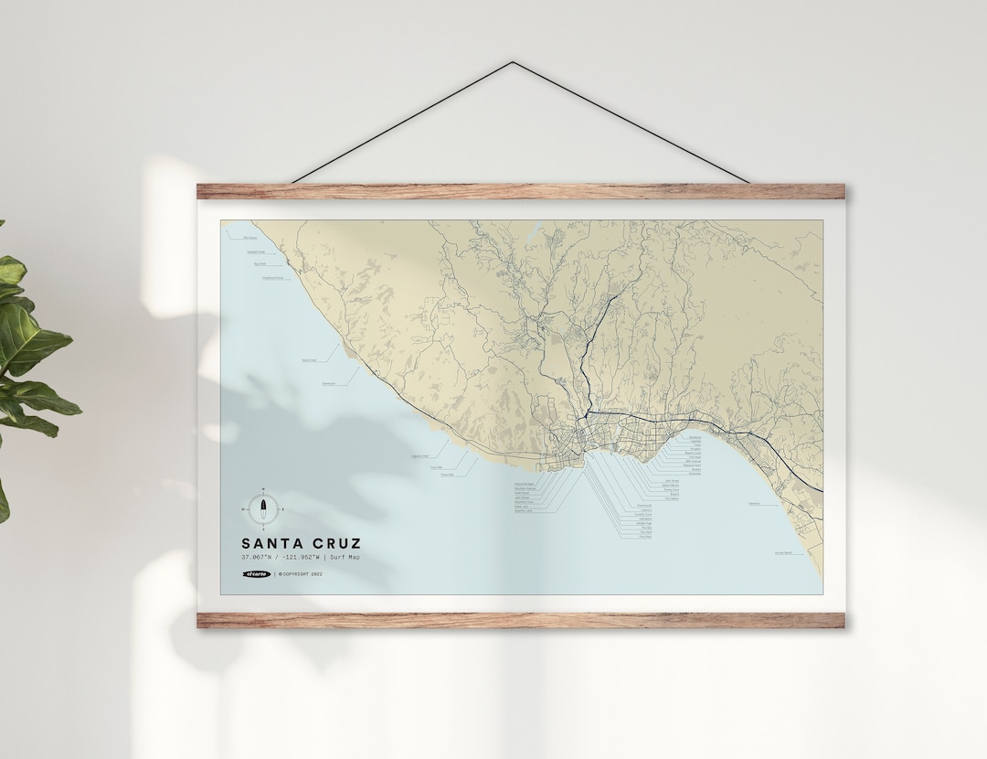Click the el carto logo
(x=257, y=574)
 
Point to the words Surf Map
(x=344, y=557)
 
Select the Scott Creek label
(x=308, y=360)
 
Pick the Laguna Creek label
(x=421, y=454)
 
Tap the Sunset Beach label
(x=783, y=552)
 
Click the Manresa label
(x=755, y=503)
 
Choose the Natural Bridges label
(x=524, y=484)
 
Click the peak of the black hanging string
(x=514, y=63)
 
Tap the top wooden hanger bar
(x=520, y=191)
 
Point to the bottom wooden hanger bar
(x=520, y=620)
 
